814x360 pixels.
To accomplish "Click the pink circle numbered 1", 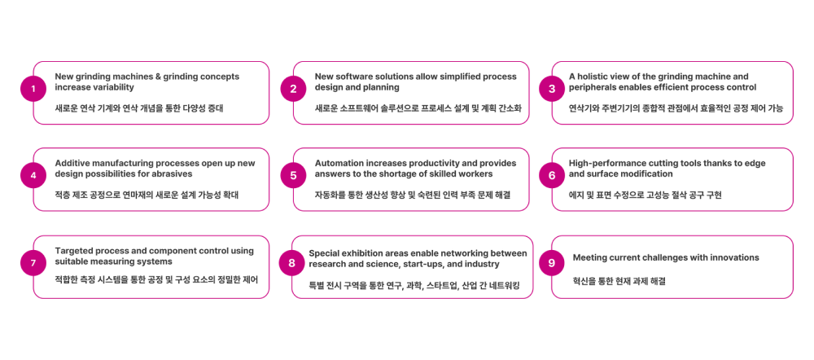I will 33,89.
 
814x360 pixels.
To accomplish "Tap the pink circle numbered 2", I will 293,89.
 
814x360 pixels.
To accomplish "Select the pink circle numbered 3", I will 552,89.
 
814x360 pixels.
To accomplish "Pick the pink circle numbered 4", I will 33,175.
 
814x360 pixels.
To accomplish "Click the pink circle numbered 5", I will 293,175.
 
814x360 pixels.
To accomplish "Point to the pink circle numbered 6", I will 552,175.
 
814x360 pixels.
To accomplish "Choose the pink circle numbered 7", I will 33,262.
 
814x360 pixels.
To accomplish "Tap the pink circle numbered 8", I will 291,262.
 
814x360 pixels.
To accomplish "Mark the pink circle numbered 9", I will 552,262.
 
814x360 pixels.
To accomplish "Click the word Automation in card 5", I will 340,164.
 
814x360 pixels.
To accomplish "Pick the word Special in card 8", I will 326,253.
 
